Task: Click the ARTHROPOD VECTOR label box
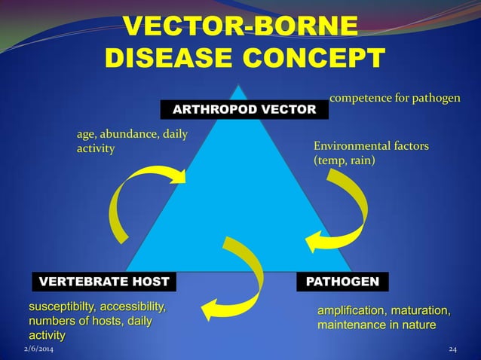coord(245,110)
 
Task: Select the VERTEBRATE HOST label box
coord(103,282)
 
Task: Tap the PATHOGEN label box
coord(342,282)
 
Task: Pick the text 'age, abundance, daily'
coord(132,135)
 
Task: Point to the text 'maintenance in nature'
coord(376,325)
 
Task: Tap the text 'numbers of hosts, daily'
coord(90,322)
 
